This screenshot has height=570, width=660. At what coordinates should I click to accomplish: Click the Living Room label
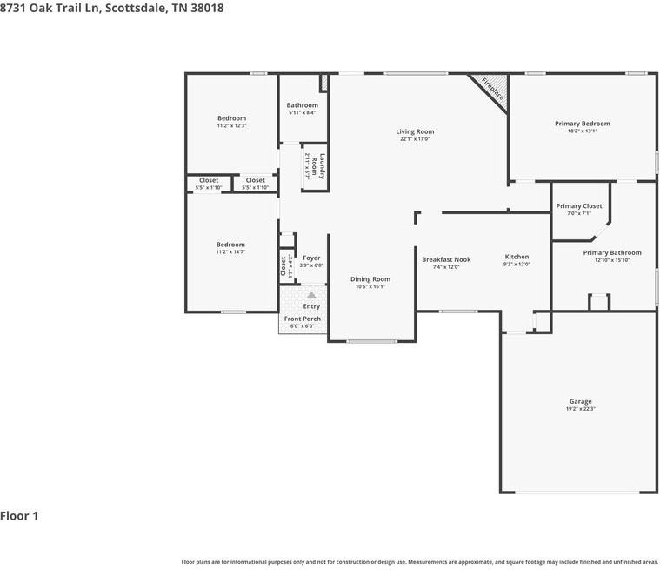pyautogui.click(x=415, y=131)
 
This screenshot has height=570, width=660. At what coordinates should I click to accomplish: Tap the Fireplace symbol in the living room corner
pyautogui.click(x=491, y=90)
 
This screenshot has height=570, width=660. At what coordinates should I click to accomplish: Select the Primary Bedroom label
pyautogui.click(x=582, y=124)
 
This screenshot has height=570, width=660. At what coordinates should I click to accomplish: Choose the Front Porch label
pyautogui.click(x=303, y=319)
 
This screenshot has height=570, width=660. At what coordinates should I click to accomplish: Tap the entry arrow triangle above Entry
pyautogui.click(x=310, y=296)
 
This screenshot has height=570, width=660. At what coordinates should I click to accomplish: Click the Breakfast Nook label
pyautogui.click(x=446, y=259)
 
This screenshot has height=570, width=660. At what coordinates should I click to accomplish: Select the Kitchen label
pyautogui.click(x=517, y=257)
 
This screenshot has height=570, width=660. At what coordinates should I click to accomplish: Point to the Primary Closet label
pyautogui.click(x=578, y=206)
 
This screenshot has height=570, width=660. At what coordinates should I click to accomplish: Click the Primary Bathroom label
pyautogui.click(x=611, y=252)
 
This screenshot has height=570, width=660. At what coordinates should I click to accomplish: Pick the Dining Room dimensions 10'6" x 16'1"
pyautogui.click(x=370, y=286)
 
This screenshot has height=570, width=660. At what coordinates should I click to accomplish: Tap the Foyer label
pyautogui.click(x=311, y=258)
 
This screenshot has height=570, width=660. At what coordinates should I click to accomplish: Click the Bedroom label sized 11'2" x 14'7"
pyautogui.click(x=230, y=245)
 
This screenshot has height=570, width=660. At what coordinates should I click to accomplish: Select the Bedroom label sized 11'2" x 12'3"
pyautogui.click(x=231, y=118)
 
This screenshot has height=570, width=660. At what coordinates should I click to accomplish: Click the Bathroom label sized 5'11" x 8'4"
pyautogui.click(x=302, y=105)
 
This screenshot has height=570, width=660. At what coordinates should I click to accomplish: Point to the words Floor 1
pyautogui.click(x=19, y=515)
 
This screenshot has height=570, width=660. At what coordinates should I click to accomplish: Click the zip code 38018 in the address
pyautogui.click(x=207, y=8)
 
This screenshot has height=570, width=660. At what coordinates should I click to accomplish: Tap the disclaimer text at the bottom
pyautogui.click(x=419, y=562)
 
